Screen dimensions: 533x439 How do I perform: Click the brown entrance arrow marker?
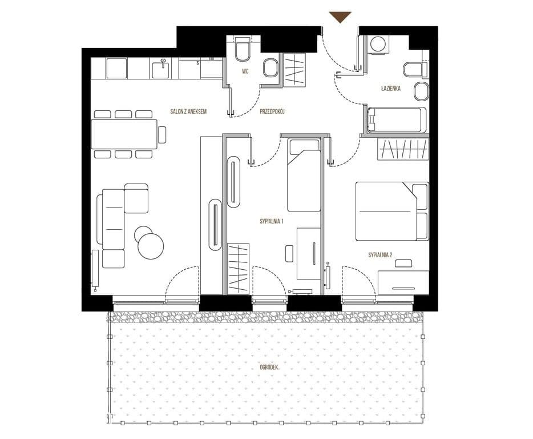tap(340, 17)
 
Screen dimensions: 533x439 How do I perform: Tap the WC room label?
tap(245, 71)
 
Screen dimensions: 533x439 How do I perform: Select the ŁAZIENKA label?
tap(390, 89)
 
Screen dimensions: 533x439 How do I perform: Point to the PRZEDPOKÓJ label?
tap(272, 111)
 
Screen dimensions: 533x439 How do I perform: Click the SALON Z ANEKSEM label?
tap(188, 111)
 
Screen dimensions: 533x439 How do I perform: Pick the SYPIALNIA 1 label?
tap(272, 221)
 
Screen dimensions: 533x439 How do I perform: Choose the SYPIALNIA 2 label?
tap(381, 255)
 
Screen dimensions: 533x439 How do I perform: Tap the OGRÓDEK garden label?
tap(269, 368)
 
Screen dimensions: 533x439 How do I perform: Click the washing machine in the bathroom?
tap(378, 44)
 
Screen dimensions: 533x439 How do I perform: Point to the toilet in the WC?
tap(243, 49)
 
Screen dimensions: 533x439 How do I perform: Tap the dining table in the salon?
tap(124, 134)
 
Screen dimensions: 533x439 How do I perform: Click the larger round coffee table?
tap(151, 246)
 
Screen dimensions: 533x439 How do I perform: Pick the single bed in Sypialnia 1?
tap(304, 175)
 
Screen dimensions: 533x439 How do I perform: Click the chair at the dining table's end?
tap(162, 134)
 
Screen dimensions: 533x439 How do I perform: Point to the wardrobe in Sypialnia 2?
tap(403, 149)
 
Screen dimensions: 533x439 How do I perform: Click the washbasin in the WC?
tap(270, 68)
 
